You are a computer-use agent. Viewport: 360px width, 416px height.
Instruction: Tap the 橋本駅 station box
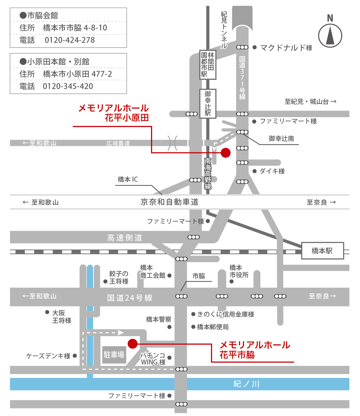pyautogui.click(x=322, y=251)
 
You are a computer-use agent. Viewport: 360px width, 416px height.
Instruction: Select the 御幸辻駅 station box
pyautogui.click(x=208, y=104)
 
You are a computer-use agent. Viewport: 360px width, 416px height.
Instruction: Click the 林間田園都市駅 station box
pyautogui.click(x=208, y=65)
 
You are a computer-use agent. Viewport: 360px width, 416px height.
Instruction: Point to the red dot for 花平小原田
pyautogui.click(x=226, y=153)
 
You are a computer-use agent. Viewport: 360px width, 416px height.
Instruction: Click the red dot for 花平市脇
pyautogui.click(x=133, y=343)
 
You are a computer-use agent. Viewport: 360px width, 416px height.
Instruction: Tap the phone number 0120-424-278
pyautogui.click(x=70, y=40)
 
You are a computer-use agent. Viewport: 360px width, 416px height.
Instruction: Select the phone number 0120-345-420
pyautogui.click(x=68, y=86)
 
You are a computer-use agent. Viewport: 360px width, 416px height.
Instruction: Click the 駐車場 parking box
pyautogui.click(x=114, y=355)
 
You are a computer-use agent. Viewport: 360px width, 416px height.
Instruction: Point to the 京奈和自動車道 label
pyautogui.click(x=169, y=202)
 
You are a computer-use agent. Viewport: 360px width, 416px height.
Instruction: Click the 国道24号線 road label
pyautogui.click(x=130, y=298)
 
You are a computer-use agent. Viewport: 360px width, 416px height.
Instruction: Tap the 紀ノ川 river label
pyautogui.click(x=247, y=384)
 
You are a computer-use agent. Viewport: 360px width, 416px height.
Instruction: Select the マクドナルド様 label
pyautogui.click(x=286, y=48)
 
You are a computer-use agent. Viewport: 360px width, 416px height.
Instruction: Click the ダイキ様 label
pyautogui.click(x=272, y=171)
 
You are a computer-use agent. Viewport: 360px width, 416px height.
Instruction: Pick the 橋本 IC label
pyautogui.click(x=128, y=179)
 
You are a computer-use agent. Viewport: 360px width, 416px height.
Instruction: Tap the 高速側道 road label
pyautogui.click(x=125, y=238)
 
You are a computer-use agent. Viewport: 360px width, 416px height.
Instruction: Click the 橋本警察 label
pyautogui.click(x=159, y=319)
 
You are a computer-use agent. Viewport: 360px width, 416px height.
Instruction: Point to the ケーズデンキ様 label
pyautogui.click(x=48, y=356)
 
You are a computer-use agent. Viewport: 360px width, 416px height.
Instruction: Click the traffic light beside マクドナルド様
pyautogui.click(x=242, y=47)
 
